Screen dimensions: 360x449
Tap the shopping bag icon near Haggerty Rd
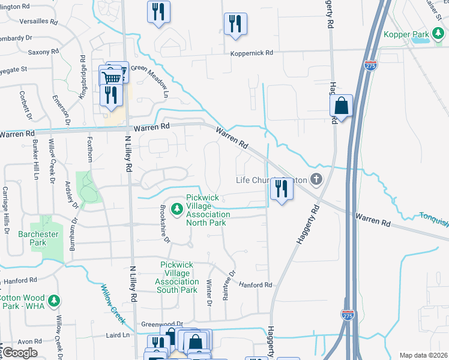point(341,106)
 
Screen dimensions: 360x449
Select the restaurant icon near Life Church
point(281,190)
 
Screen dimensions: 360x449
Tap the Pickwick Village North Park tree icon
point(176,209)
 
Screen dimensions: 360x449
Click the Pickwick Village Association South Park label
point(179,277)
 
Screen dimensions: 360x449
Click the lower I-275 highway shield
point(348,314)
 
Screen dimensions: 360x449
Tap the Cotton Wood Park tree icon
point(54,300)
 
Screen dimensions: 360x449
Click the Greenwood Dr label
point(162,324)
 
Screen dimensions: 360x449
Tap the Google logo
point(19,353)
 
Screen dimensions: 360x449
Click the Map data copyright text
point(422,355)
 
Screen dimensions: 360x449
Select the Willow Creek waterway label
point(113,305)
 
